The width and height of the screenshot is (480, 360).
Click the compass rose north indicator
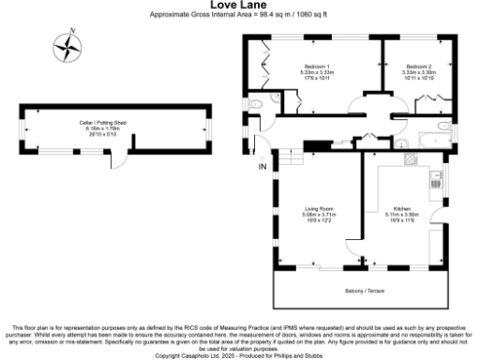(x=67, y=48)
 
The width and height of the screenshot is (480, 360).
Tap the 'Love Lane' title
(x=239, y=5)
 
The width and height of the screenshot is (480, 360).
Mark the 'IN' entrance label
(x=263, y=168)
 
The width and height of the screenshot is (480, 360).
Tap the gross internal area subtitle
(x=239, y=16)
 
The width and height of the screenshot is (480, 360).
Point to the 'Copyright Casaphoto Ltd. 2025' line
(x=239, y=354)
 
